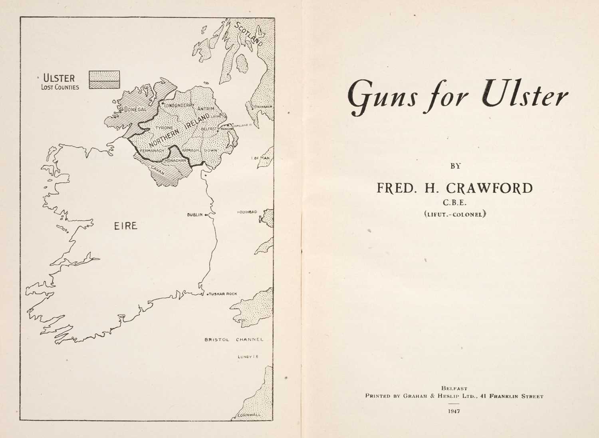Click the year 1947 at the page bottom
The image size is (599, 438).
coord(454,411)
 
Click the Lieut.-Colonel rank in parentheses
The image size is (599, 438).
coord(454,214)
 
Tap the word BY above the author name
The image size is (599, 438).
coord(455,166)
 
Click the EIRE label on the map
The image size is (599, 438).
coord(126,226)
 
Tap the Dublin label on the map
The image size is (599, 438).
coord(195,215)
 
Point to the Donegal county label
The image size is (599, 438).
coord(136,109)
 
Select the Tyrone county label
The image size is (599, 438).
coord(164,128)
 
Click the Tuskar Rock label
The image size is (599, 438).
coord(222,294)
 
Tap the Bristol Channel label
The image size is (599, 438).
coord(234,340)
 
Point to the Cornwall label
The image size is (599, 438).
coord(249,415)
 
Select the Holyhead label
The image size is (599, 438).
coord(247,212)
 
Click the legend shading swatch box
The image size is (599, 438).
coord(104,80)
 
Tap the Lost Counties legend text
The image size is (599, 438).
coord(60,87)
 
